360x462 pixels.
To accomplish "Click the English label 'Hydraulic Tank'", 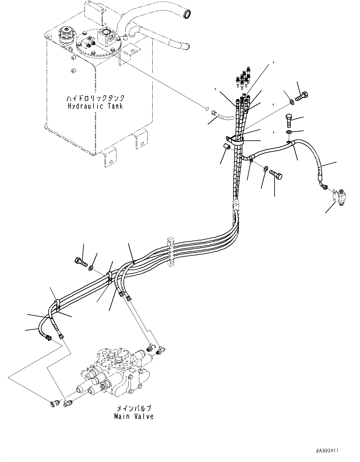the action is [95, 106].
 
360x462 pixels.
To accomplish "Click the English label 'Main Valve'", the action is [134, 416].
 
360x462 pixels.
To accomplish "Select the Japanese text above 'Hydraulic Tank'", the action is [95, 98].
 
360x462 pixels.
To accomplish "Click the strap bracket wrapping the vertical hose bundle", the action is [234, 140].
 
